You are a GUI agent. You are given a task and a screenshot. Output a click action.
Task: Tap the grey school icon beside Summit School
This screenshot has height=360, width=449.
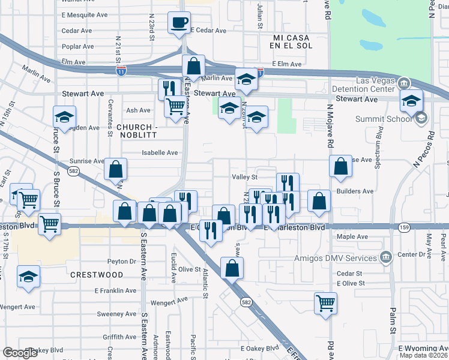(420, 118)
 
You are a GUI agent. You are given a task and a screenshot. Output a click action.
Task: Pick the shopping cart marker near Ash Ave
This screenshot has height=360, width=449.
(175, 107)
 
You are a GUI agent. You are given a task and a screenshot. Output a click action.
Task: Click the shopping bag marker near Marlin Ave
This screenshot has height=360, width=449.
(194, 65)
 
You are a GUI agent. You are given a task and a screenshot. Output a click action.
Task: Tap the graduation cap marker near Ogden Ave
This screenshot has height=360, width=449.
(64, 116)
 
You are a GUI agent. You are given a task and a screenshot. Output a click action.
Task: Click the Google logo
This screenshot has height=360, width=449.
(20, 353)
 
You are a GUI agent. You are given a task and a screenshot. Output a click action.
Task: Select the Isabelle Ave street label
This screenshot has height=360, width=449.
(160, 152)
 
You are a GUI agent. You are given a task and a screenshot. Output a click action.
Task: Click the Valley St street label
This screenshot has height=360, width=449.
(244, 177)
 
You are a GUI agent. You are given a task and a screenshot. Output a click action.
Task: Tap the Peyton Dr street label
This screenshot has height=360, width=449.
(122, 261)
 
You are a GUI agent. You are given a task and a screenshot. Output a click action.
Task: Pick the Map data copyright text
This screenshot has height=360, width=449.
(424, 355)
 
